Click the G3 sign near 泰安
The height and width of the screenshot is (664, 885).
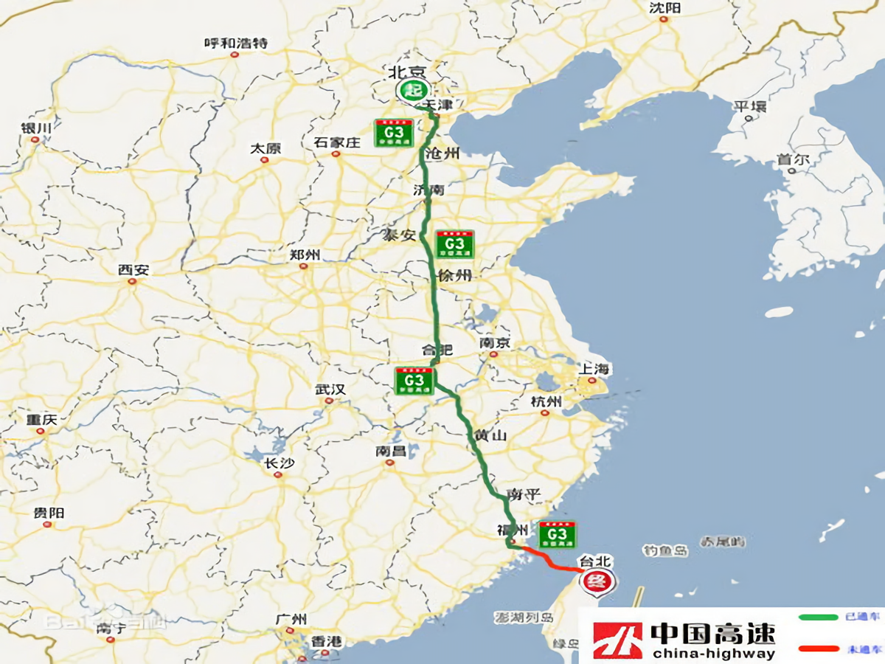(x=454, y=244)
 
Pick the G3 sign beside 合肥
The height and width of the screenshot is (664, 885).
(x=414, y=381)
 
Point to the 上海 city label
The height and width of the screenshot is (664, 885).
(x=594, y=369)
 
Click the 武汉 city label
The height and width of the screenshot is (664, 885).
(x=330, y=389)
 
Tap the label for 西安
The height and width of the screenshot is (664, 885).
(x=133, y=270)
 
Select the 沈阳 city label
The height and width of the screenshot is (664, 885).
(x=664, y=8)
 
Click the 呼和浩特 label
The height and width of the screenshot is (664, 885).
(x=236, y=43)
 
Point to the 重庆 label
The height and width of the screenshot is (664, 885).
(x=41, y=420)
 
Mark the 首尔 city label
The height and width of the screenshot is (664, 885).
(x=793, y=159)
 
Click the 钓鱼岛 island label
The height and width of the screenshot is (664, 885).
(x=665, y=550)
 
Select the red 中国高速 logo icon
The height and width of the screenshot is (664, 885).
(x=617, y=640)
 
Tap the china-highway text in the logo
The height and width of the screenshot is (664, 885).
(x=713, y=653)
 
